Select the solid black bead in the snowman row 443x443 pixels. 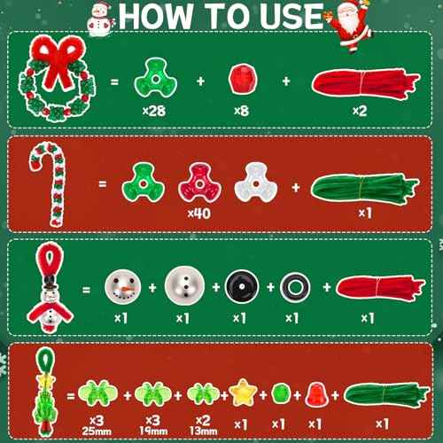(237, 287)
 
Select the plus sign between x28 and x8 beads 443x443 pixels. (200, 82)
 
